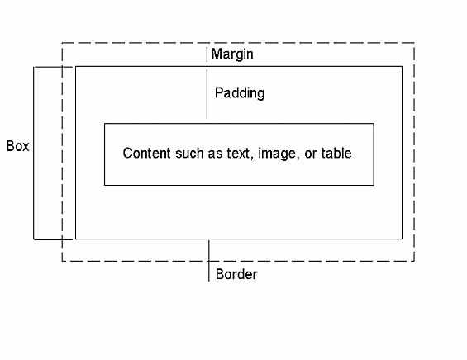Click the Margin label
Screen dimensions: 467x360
232,54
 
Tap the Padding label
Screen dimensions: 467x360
240,92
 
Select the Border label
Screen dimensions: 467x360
236,274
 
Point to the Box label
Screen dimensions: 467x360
18,146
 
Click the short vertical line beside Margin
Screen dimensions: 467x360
207,54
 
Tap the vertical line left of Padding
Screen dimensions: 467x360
207,94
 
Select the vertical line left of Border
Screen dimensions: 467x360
209,261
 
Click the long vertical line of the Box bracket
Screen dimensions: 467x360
34,153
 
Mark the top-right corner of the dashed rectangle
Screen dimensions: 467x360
414,43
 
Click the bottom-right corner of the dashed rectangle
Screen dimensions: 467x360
414,261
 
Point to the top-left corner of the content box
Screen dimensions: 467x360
104,124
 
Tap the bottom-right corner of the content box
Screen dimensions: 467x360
374,185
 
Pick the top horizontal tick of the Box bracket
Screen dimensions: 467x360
53,67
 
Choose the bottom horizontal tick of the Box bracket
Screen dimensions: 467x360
53,239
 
